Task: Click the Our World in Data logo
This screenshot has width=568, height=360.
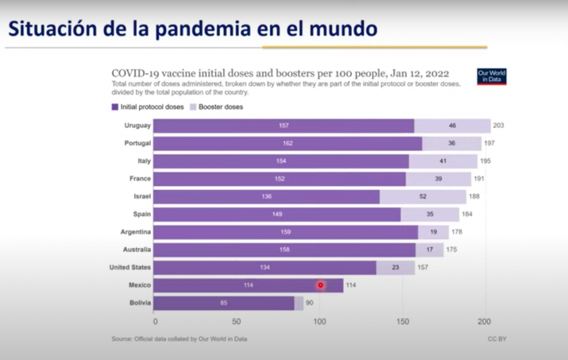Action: [491, 77]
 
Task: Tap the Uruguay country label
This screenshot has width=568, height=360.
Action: [138, 125]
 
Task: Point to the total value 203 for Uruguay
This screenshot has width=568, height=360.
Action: [498, 125]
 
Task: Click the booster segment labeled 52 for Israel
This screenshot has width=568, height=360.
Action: [423, 196]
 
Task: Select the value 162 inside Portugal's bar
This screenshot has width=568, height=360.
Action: [287, 143]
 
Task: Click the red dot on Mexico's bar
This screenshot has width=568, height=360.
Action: [320, 285]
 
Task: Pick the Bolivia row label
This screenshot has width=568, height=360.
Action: [139, 303]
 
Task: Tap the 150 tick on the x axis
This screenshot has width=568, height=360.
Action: [402, 321]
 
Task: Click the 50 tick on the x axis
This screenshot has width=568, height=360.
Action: [236, 321]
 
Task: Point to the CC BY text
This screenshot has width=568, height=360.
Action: [496, 338]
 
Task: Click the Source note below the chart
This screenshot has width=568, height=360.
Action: [179, 338]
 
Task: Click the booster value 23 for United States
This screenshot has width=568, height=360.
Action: [395, 267]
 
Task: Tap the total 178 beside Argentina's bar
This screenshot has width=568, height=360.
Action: [456, 232]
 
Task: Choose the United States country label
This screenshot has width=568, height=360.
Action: [130, 267]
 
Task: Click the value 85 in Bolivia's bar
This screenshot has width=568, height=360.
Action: [224, 303]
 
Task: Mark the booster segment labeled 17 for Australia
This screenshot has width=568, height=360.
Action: [430, 250]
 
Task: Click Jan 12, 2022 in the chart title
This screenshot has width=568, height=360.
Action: [416, 73]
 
